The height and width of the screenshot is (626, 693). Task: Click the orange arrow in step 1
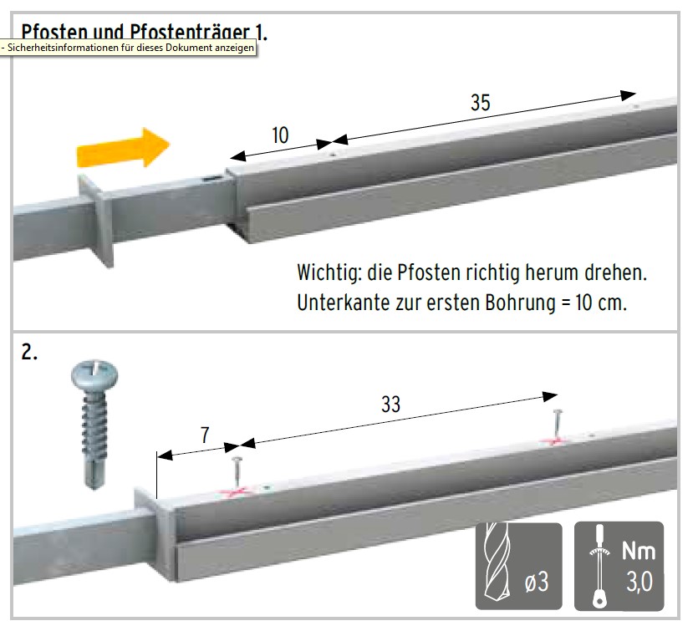tap(124, 148)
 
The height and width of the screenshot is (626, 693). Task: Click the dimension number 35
tap(481, 103)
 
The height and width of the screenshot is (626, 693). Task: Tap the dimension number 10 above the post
tap(280, 135)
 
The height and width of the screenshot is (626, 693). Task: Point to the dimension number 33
tap(390, 405)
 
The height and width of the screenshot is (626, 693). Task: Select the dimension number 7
tap(205, 435)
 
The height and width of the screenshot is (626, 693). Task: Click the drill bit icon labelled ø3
tap(519, 567)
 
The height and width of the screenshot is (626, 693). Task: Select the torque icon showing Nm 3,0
tap(619, 567)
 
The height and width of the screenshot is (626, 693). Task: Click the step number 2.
tap(29, 353)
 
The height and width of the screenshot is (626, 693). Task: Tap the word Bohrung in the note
tap(520, 303)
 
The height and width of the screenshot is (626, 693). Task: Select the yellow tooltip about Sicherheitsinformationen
tap(128, 48)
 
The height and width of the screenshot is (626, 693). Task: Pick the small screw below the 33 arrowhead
tap(558, 425)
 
